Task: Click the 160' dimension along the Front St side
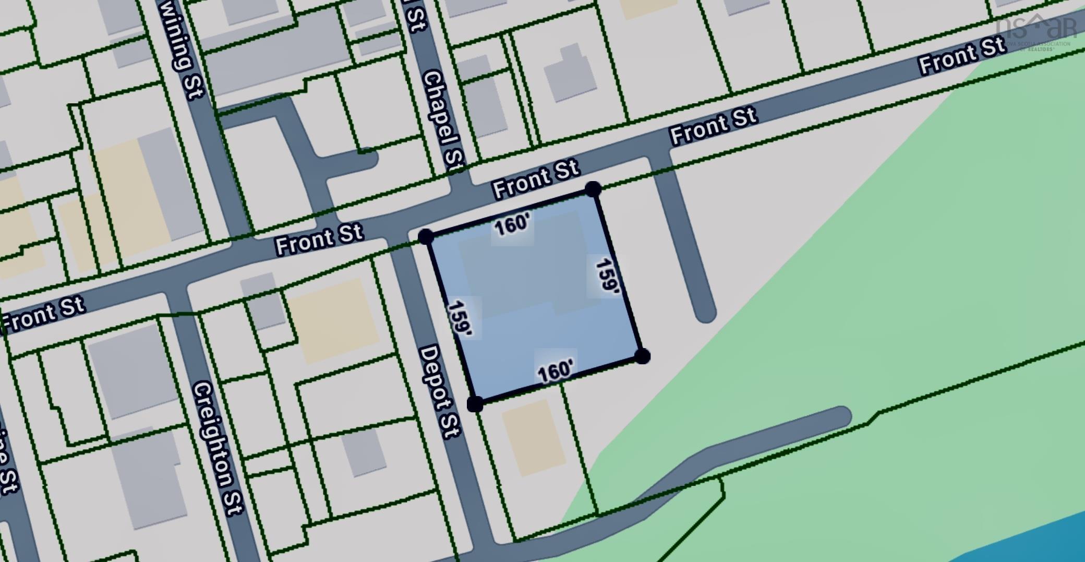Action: (512, 225)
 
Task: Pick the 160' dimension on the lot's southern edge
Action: (556, 372)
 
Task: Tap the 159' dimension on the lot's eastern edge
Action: (607, 276)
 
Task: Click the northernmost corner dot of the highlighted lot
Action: (593, 189)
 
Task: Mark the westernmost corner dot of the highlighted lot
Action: (426, 237)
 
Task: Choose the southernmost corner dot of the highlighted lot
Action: (475, 404)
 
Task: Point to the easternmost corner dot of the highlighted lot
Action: (643, 356)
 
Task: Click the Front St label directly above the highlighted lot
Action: (536, 178)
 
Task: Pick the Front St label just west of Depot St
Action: (319, 239)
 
